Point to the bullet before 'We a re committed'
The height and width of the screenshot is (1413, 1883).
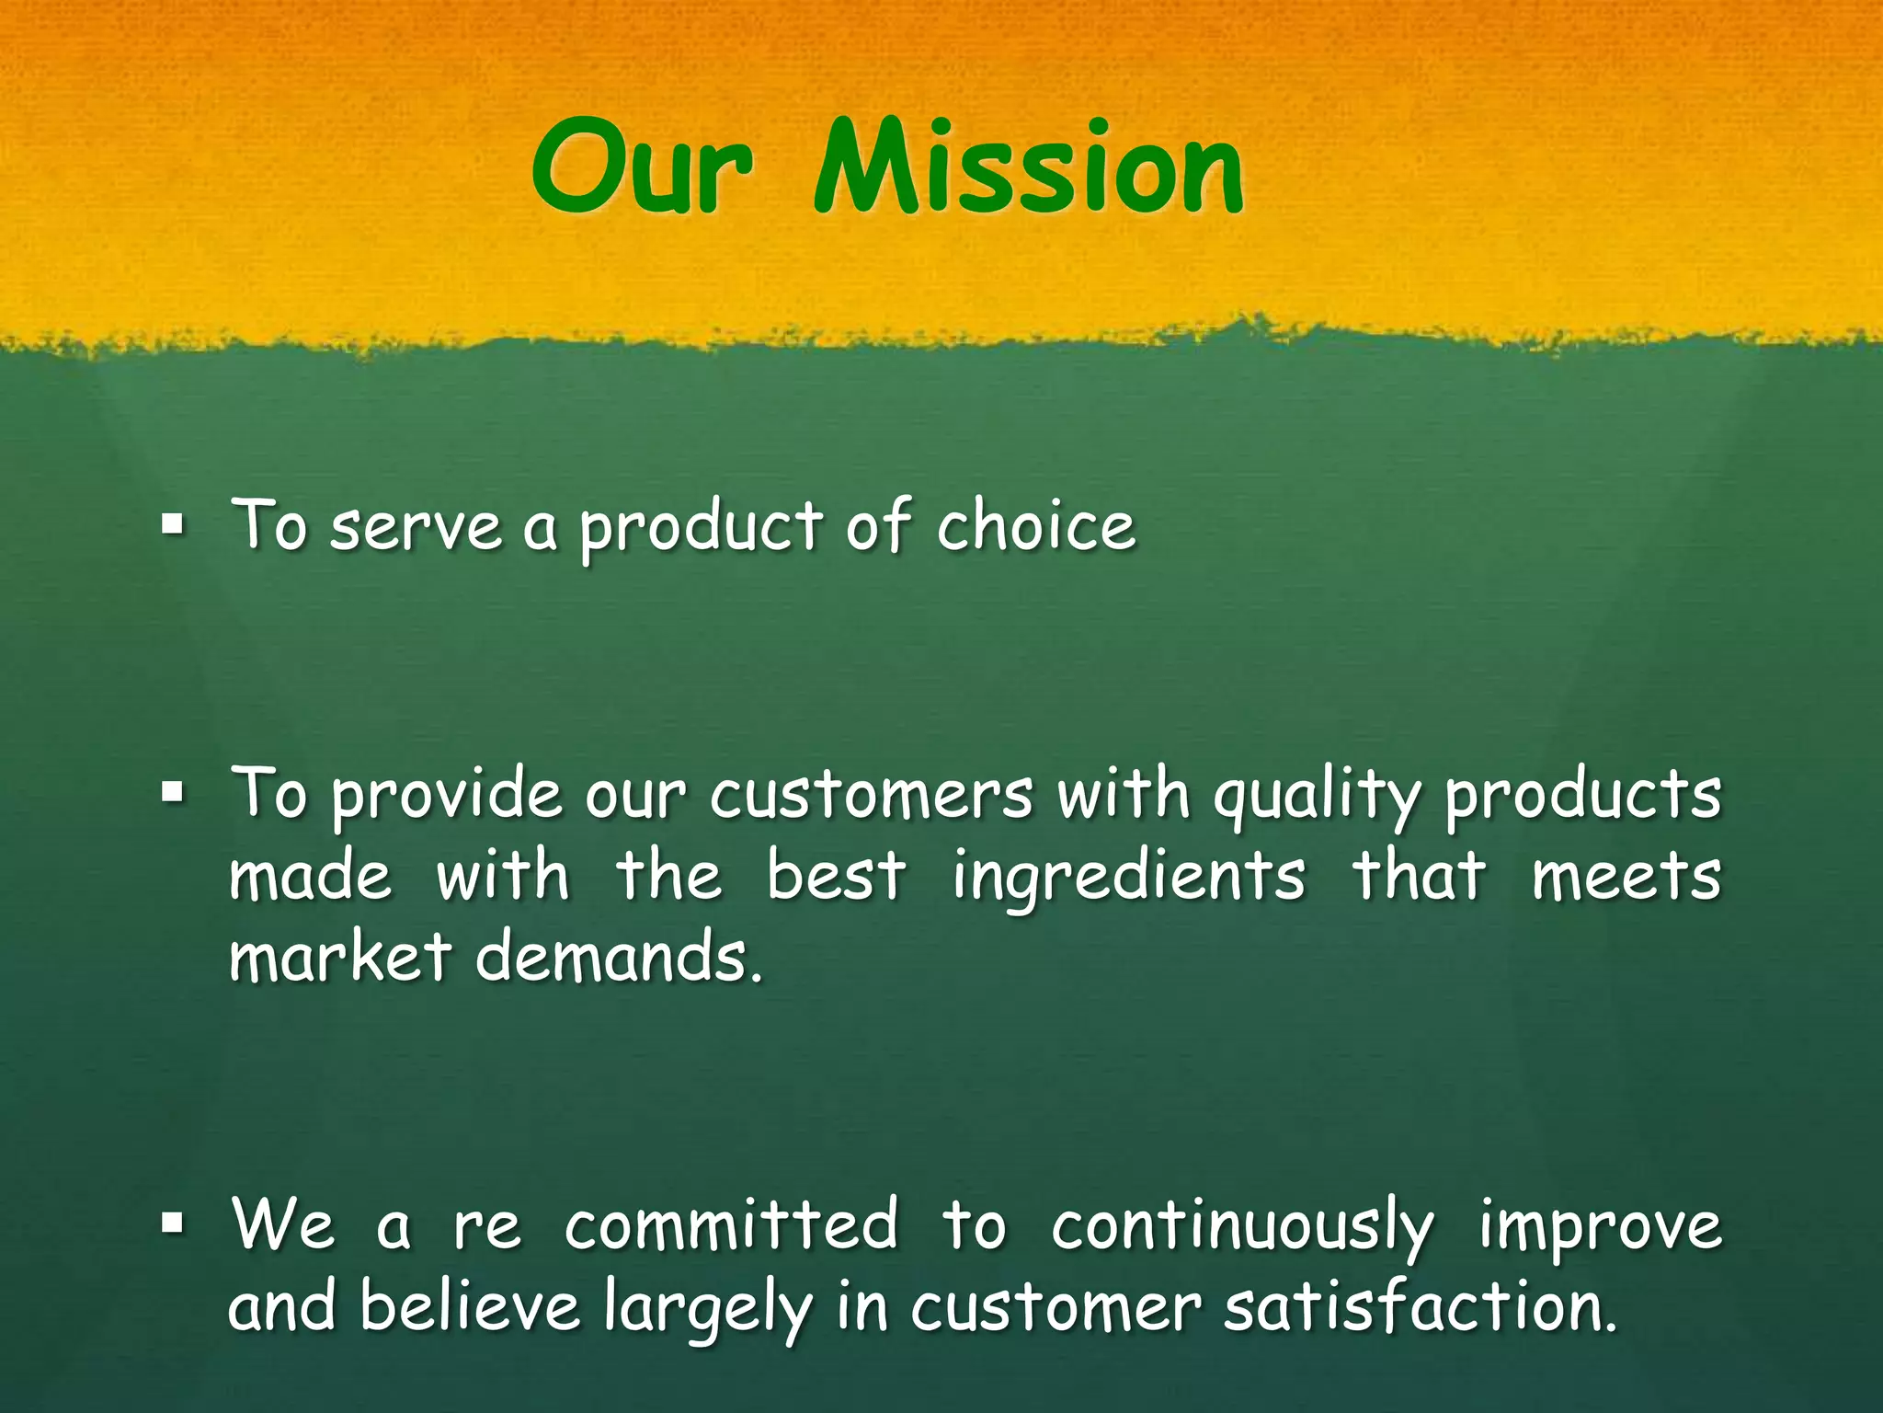click(x=171, y=1223)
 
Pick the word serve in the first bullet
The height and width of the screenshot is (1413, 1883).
click(x=417, y=528)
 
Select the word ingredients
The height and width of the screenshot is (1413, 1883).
click(x=1128, y=878)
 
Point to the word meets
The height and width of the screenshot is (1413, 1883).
click(x=1626, y=876)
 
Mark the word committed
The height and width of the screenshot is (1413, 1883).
click(x=731, y=1225)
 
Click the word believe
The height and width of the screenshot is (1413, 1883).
click(x=470, y=1306)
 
